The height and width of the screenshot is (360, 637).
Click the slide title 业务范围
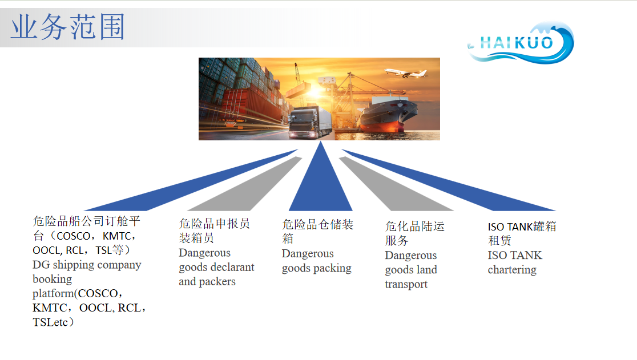click(x=68, y=27)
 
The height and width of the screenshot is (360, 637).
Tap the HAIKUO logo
click(x=521, y=43)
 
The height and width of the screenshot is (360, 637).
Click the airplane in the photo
click(x=405, y=72)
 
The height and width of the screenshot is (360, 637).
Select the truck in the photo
click(x=309, y=122)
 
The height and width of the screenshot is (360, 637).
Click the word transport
click(x=406, y=285)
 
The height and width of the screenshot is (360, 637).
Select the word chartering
click(x=512, y=270)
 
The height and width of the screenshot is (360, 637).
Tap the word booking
click(x=52, y=280)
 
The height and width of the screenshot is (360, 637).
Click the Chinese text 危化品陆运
click(x=415, y=226)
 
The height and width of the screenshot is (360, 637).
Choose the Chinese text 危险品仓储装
click(x=318, y=224)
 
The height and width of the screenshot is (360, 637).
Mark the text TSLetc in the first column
click(x=50, y=322)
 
